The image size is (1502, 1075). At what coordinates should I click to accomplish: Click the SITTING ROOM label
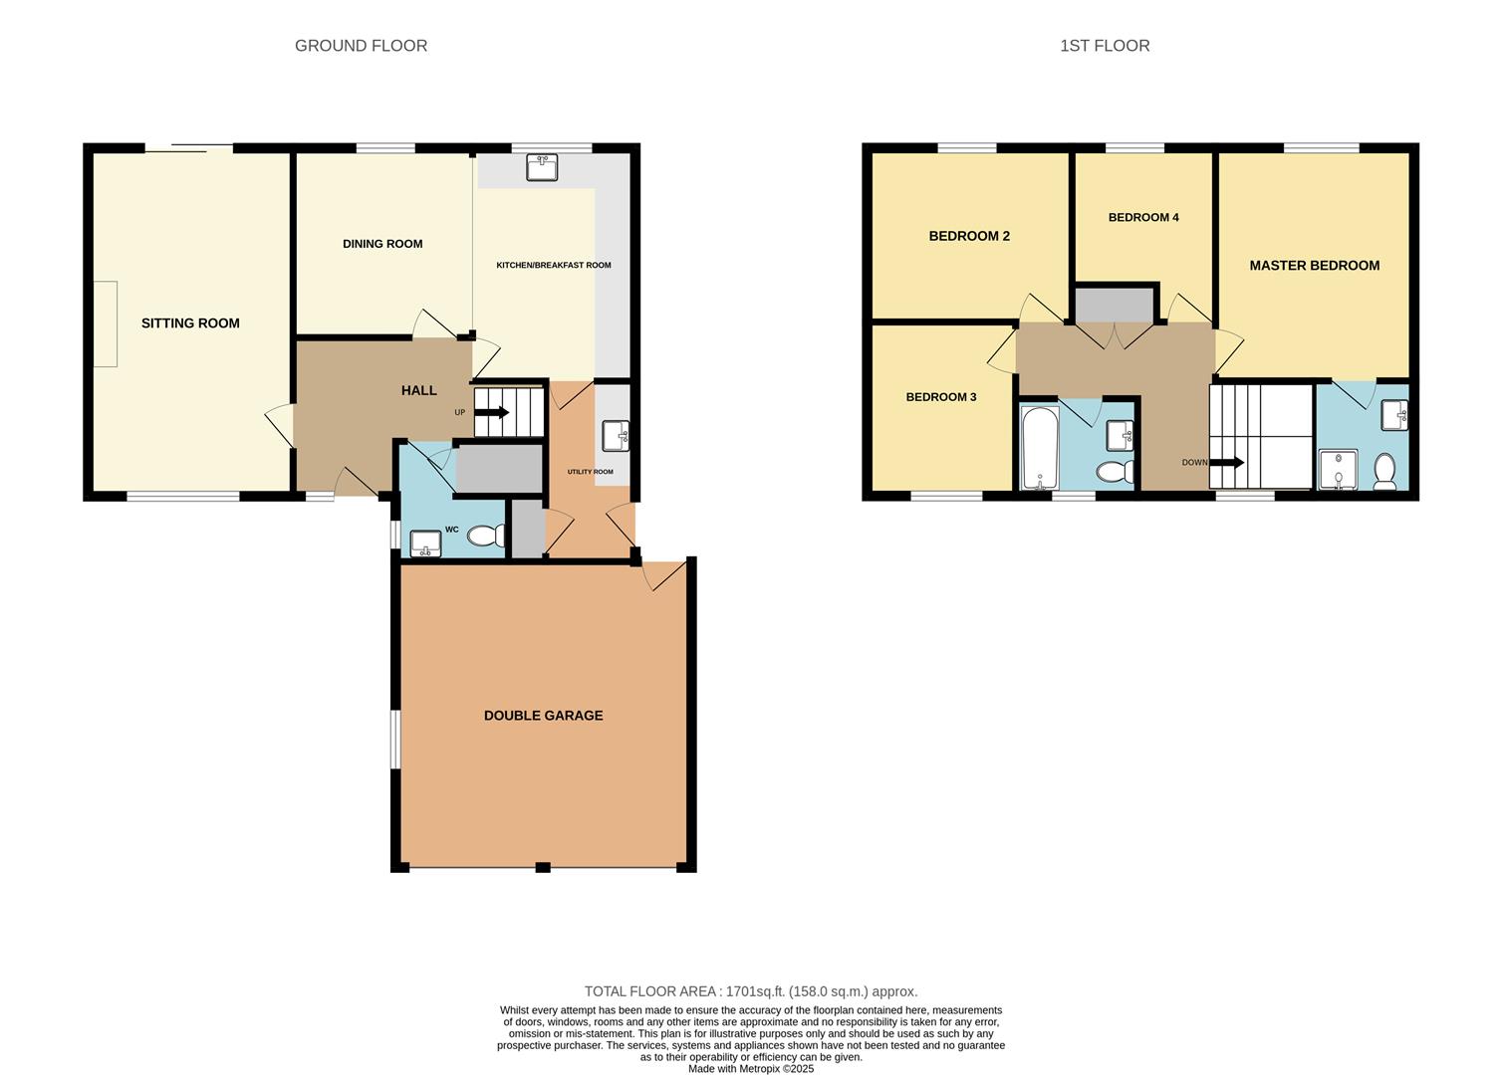pyautogui.click(x=190, y=323)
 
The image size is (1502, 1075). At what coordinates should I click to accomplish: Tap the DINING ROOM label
pyautogui.click(x=382, y=244)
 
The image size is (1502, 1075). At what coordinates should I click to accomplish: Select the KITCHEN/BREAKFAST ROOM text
pyautogui.click(x=554, y=266)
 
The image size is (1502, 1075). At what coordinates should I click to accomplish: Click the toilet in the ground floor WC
pyautogui.click(x=486, y=536)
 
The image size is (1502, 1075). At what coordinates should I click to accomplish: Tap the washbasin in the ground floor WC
pyautogui.click(x=426, y=542)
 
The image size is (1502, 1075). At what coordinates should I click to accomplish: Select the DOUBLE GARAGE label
pyautogui.click(x=543, y=716)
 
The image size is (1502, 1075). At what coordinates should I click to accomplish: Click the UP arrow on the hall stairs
pyautogui.click(x=492, y=412)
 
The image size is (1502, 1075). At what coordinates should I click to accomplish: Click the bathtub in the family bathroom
pyautogui.click(x=1039, y=447)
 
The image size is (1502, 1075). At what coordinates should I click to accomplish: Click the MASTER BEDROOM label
pyautogui.click(x=1314, y=266)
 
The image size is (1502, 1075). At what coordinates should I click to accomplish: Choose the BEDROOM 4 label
pyautogui.click(x=1143, y=218)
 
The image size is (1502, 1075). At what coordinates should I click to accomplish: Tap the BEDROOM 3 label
pyautogui.click(x=940, y=397)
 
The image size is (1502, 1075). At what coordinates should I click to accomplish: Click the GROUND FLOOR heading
pyautogui.click(x=361, y=46)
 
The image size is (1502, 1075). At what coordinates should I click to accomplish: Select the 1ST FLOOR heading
pyautogui.click(x=1105, y=46)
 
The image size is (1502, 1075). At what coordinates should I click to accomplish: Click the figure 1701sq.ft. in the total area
pyautogui.click(x=756, y=991)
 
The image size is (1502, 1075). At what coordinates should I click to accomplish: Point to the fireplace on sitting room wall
pyautogui.click(x=106, y=323)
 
